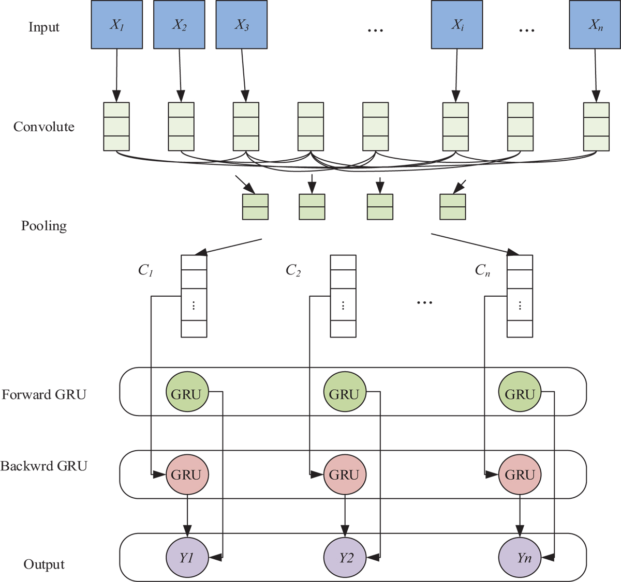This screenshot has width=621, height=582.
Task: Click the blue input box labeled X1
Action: click(117, 25)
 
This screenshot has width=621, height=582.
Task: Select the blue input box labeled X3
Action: click(242, 25)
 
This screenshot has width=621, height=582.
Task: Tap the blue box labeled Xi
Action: click(457, 25)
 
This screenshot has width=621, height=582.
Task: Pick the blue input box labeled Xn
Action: click(595, 25)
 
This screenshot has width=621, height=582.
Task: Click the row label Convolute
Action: click(44, 127)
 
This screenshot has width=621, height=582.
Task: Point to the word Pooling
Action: click(44, 226)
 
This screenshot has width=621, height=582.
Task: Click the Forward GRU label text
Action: click(44, 395)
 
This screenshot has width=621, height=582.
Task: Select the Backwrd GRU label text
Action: click(44, 466)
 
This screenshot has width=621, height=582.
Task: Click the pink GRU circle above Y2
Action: click(345, 474)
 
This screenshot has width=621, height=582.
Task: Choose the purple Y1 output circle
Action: click(187, 558)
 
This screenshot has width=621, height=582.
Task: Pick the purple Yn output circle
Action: click(520, 558)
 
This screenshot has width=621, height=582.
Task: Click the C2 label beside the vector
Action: click(293, 270)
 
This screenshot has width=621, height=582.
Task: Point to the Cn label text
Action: click(482, 270)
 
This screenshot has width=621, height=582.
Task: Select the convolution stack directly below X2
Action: click(181, 127)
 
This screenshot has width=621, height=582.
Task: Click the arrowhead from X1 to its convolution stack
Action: click(116, 97)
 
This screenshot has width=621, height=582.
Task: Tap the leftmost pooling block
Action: click(255, 207)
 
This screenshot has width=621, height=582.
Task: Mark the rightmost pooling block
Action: click(453, 207)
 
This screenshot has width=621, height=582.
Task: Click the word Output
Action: click(44, 564)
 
